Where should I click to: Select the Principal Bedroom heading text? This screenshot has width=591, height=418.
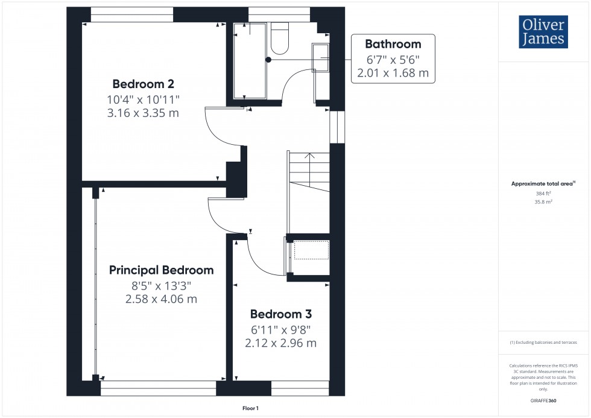161,270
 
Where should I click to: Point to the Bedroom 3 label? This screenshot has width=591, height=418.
280,314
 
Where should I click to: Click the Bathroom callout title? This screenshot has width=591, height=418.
393,44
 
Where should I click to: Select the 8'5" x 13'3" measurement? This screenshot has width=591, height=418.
161,285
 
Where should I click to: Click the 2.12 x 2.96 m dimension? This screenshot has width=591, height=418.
280,343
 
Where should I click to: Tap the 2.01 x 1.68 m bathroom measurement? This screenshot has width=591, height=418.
393,74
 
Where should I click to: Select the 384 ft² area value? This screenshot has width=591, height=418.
543,194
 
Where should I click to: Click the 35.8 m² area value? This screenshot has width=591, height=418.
543,203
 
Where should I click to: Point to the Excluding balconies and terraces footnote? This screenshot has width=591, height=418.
543,342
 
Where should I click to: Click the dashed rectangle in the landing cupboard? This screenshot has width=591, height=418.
311,250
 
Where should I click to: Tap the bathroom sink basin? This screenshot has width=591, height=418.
320,57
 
